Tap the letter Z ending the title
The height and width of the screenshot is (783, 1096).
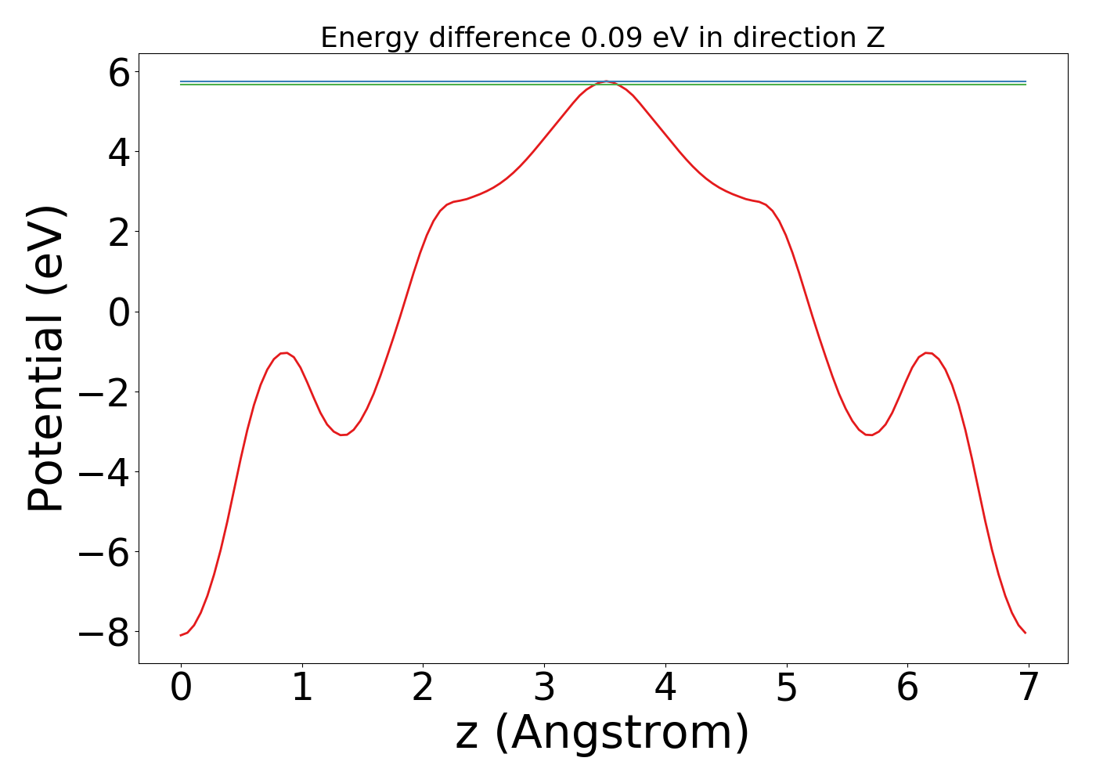[875, 38]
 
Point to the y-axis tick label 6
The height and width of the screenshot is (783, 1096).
[119, 74]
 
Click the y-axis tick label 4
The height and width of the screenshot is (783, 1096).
[119, 153]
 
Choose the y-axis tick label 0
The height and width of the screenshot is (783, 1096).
[119, 312]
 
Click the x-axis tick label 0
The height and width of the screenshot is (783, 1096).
[181, 688]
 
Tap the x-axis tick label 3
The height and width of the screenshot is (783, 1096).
[544, 688]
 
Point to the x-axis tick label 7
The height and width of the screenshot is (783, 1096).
[1029, 688]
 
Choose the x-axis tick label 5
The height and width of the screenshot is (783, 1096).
[787, 688]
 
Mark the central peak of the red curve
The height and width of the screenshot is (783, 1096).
[605, 81]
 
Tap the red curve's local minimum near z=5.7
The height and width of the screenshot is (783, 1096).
[869, 435]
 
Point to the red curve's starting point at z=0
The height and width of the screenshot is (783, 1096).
[181, 635]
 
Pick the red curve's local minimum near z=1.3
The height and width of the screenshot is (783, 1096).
[343, 435]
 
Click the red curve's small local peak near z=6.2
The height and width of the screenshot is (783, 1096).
[928, 353]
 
